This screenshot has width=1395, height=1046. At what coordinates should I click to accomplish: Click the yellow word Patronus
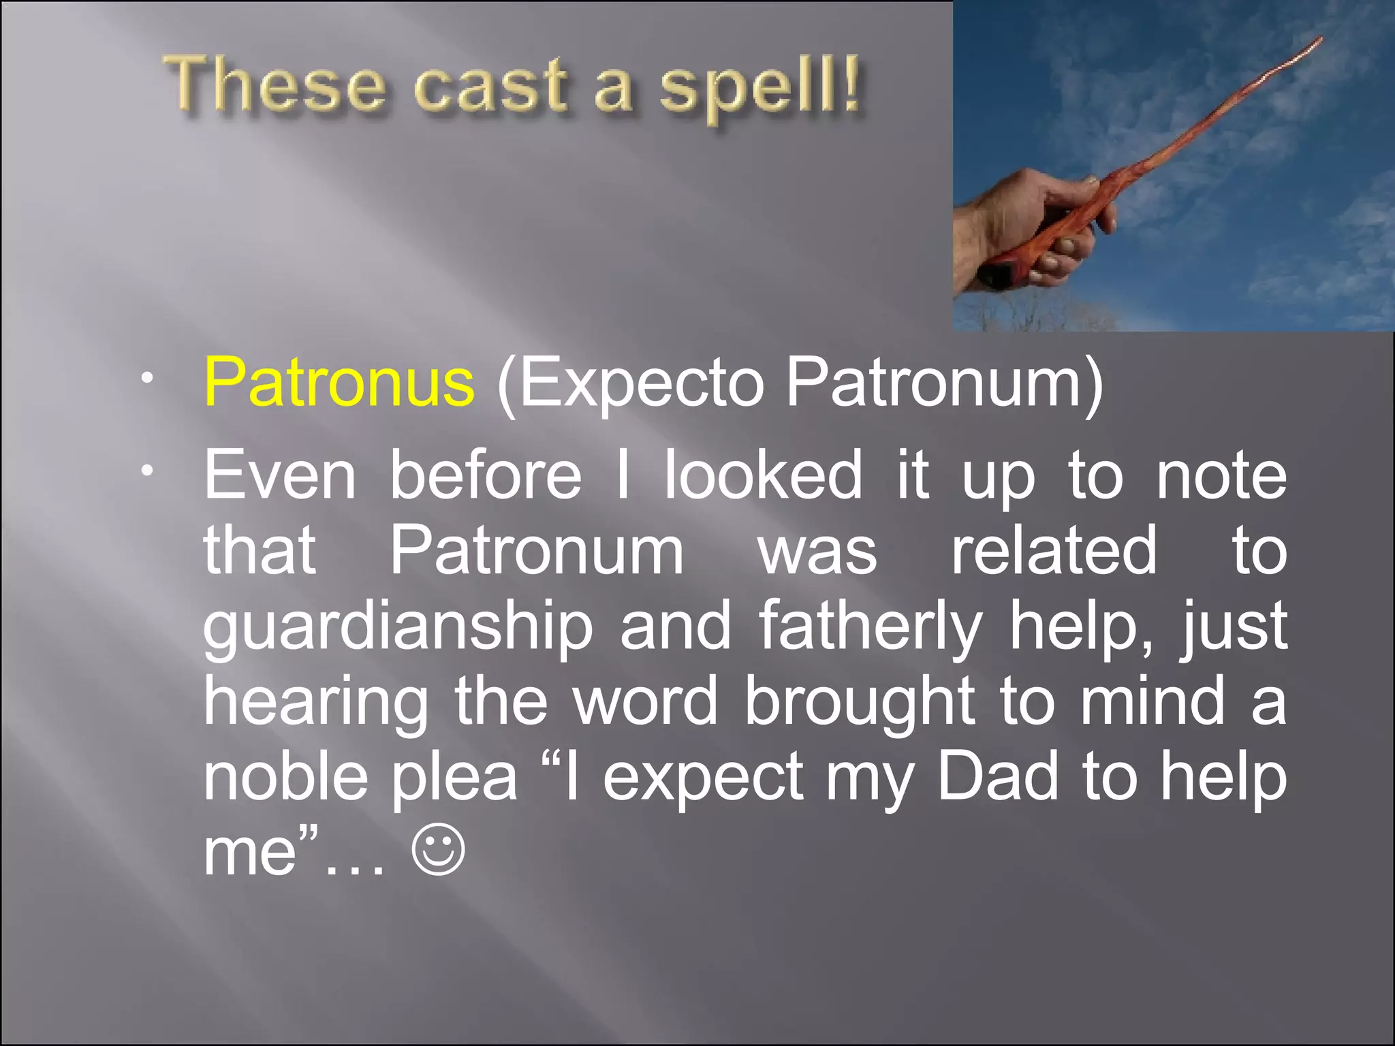pos(339,382)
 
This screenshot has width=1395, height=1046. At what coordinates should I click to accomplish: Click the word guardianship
pos(398,627)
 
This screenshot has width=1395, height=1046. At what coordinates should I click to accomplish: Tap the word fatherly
pos(870,627)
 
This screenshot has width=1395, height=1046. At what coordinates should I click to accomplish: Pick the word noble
pos(287,776)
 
